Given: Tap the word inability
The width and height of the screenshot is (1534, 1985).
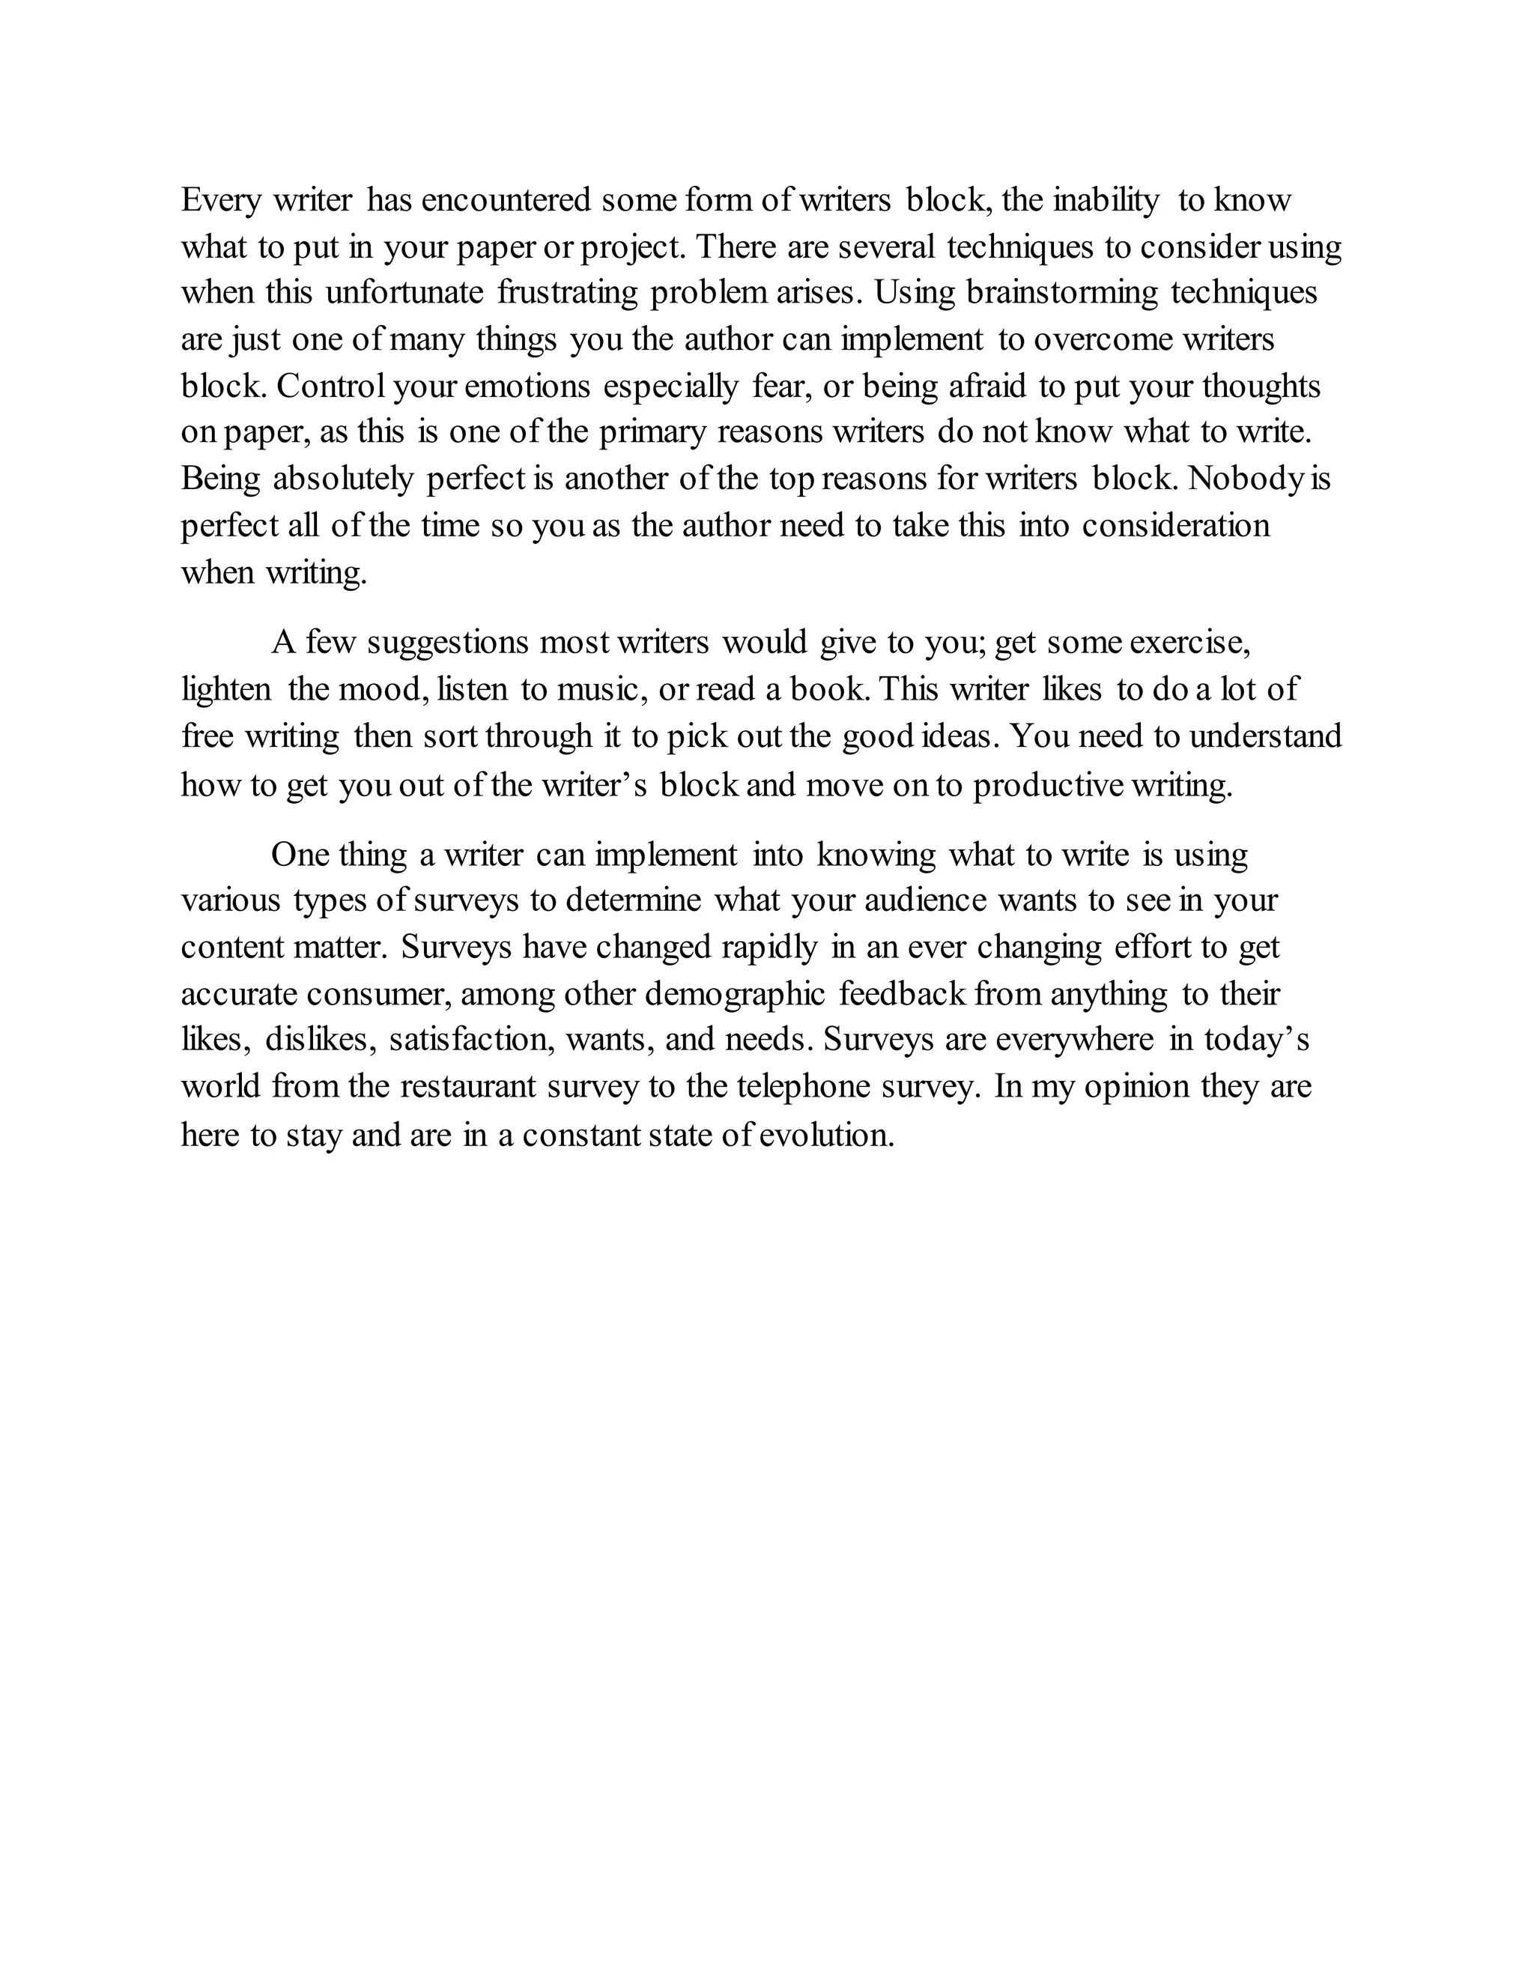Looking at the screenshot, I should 1106,200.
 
